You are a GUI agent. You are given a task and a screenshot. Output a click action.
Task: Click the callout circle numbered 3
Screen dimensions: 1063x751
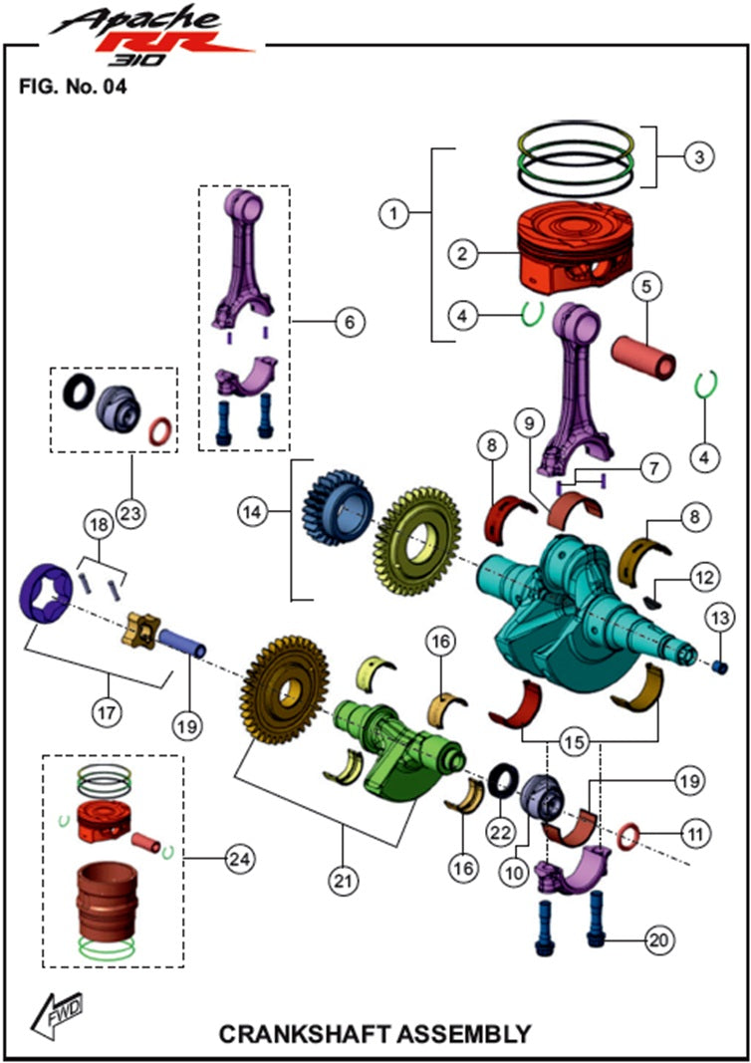click(x=699, y=156)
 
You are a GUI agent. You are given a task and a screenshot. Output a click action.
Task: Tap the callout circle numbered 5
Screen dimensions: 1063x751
click(x=645, y=288)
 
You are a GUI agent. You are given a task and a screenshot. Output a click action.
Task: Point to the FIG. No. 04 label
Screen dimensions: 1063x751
click(x=73, y=86)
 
